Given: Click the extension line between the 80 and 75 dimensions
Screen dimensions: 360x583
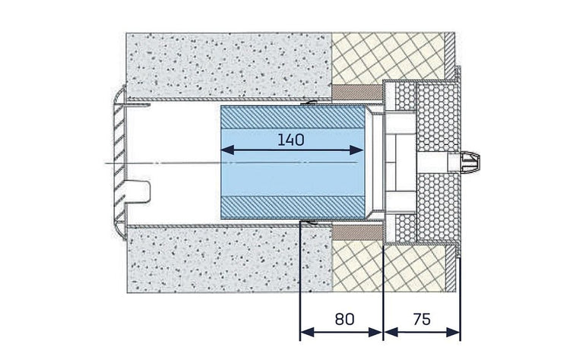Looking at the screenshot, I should [x=382, y=289].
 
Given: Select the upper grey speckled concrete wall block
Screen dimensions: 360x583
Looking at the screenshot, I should [x=228, y=65].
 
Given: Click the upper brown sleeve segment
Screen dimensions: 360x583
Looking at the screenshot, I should [x=356, y=93].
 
